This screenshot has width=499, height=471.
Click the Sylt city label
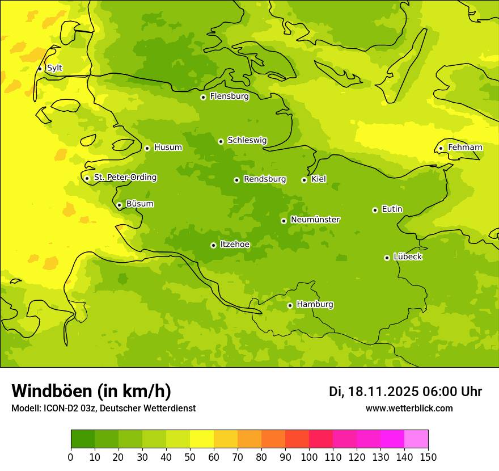click(x=54, y=68)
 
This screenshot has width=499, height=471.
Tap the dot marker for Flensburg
click(x=203, y=97)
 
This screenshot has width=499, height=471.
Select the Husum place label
click(x=168, y=148)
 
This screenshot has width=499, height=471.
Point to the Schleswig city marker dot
click(x=221, y=141)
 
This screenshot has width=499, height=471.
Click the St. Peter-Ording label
click(x=125, y=178)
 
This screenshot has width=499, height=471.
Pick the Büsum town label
click(x=140, y=204)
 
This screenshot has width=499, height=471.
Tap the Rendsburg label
click(x=265, y=179)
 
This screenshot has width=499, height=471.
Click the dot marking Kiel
click(x=304, y=180)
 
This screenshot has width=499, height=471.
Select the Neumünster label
click(x=315, y=220)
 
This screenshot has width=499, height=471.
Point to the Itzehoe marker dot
click(x=213, y=245)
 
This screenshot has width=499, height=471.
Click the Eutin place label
click(x=392, y=209)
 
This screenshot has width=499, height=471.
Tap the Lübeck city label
click(x=408, y=257)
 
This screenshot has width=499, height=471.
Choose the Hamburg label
click(x=315, y=305)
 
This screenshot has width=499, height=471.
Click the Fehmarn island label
click(x=465, y=148)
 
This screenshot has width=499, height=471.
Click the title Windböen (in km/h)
click(x=91, y=391)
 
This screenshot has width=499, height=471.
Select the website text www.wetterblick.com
click(x=409, y=408)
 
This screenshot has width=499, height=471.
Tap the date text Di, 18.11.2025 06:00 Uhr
click(x=405, y=392)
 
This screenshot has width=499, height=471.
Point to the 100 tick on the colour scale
click(x=309, y=457)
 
